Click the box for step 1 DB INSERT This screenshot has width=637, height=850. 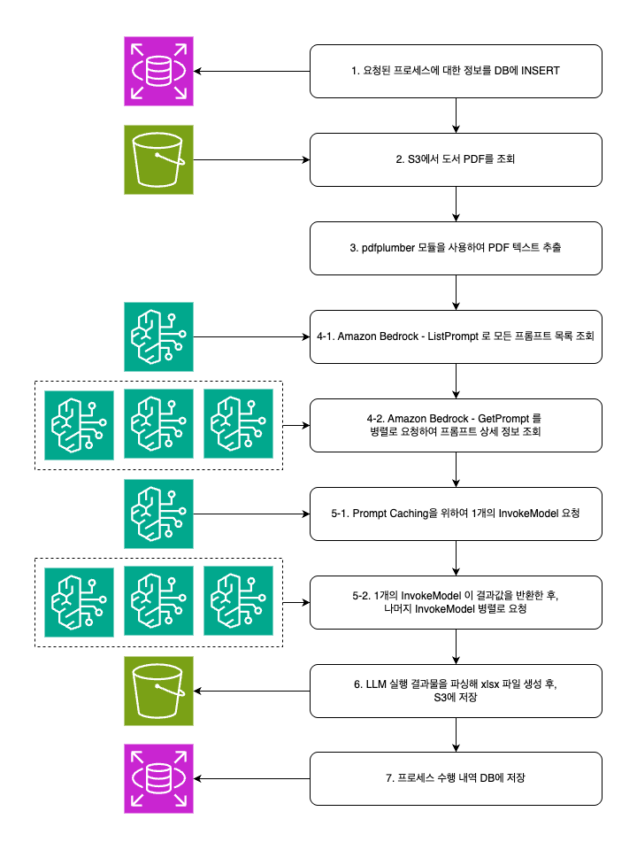pos(456,71)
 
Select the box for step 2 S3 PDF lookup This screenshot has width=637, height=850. pos(456,159)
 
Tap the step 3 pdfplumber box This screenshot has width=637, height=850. pos(456,248)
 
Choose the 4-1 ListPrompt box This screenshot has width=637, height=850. pos(456,336)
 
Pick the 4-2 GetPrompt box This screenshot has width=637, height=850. pos(456,425)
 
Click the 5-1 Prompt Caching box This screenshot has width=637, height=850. pos(456,514)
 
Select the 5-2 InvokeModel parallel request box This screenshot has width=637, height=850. pos(456,602)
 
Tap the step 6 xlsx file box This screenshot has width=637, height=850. pos(456,691)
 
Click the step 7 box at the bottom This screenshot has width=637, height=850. pos(456,779)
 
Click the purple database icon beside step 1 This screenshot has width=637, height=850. pos(158,71)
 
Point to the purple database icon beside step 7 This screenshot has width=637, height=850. pos(158,779)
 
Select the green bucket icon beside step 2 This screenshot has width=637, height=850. pos(158,159)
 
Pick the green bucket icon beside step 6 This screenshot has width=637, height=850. pos(158,691)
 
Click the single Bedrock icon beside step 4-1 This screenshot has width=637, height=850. pos(158,336)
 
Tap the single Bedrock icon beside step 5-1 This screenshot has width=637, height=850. pos(158,514)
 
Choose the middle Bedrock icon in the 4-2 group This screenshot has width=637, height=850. pos(158,425)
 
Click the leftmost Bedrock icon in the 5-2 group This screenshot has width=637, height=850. pos(79,602)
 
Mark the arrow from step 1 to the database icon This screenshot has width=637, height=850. pos(252,71)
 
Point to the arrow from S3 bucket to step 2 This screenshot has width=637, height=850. pos(252,159)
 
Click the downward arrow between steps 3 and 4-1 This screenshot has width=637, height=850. pos(456,292)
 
